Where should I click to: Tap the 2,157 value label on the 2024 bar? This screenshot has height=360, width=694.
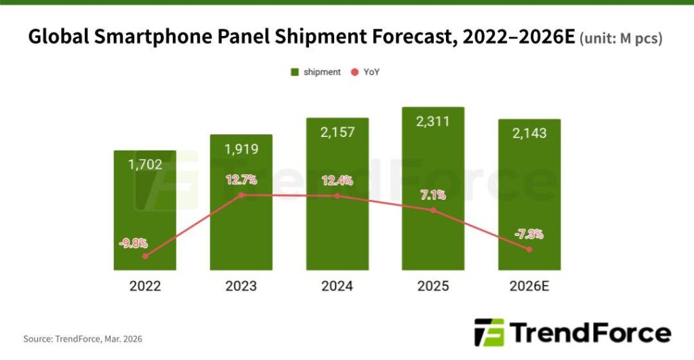337,132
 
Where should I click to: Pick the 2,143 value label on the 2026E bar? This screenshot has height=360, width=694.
529,133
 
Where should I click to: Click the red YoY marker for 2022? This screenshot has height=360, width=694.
145,256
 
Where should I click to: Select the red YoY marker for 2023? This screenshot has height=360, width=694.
241,195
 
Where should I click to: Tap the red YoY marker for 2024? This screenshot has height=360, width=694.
338,196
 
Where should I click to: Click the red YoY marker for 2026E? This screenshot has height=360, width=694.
529,249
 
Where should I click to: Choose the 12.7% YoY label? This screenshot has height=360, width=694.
241,180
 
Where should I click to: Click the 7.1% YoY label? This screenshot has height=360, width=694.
433,195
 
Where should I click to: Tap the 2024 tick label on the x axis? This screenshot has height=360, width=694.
337,286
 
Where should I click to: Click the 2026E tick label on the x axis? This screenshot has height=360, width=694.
529,286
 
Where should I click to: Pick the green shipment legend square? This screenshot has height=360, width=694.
295,72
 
